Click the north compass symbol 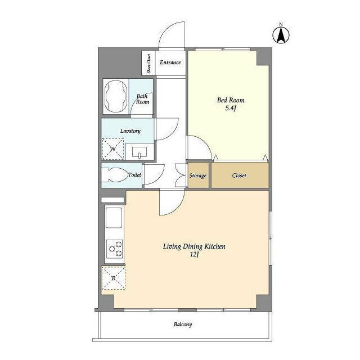tap(281, 35)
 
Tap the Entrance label tap(170, 62)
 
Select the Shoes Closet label tap(149, 64)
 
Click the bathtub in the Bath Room tap(116, 96)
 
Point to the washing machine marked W tap(113, 149)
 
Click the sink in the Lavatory tap(139, 153)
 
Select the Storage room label tap(197, 176)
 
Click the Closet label tap(239, 175)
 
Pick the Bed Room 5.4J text tap(231, 104)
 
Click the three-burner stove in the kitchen tap(115, 249)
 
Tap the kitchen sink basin tap(114, 218)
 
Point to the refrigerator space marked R tap(114, 278)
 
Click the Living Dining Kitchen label tap(194, 246)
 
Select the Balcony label tap(183, 325)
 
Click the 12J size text tap(194, 255)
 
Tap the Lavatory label tap(130, 131)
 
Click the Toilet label tap(134, 175)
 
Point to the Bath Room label tap(142, 99)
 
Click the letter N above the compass tap(281, 24)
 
